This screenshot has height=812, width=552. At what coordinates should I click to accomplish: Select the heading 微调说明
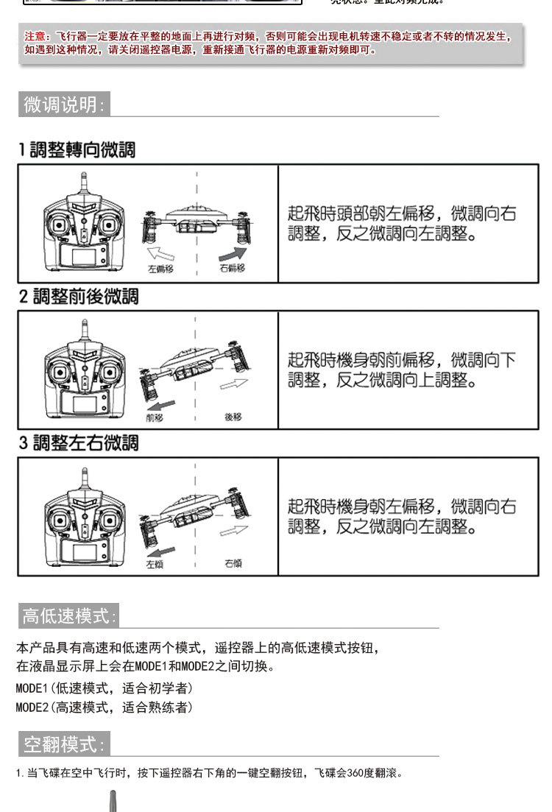[64, 105]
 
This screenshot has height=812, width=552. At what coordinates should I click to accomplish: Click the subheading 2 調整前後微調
[78, 297]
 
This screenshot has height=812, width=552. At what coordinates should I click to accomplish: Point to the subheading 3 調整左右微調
[78, 443]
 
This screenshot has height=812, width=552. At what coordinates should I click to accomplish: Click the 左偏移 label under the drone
[160, 269]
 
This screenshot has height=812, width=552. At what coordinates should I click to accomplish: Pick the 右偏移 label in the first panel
[232, 269]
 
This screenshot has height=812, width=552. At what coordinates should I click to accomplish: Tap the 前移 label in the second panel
[155, 417]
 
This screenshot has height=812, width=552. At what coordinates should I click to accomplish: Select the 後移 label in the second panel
[233, 417]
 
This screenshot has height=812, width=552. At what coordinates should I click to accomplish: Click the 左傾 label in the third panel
[155, 564]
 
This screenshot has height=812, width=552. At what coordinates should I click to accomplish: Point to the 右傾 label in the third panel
[233, 564]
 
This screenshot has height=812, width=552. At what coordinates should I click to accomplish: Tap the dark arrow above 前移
[160, 405]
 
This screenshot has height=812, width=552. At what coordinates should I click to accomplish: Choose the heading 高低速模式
[68, 615]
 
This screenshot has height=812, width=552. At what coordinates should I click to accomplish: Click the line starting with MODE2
[105, 707]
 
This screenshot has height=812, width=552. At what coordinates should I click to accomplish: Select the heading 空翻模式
[64, 744]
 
